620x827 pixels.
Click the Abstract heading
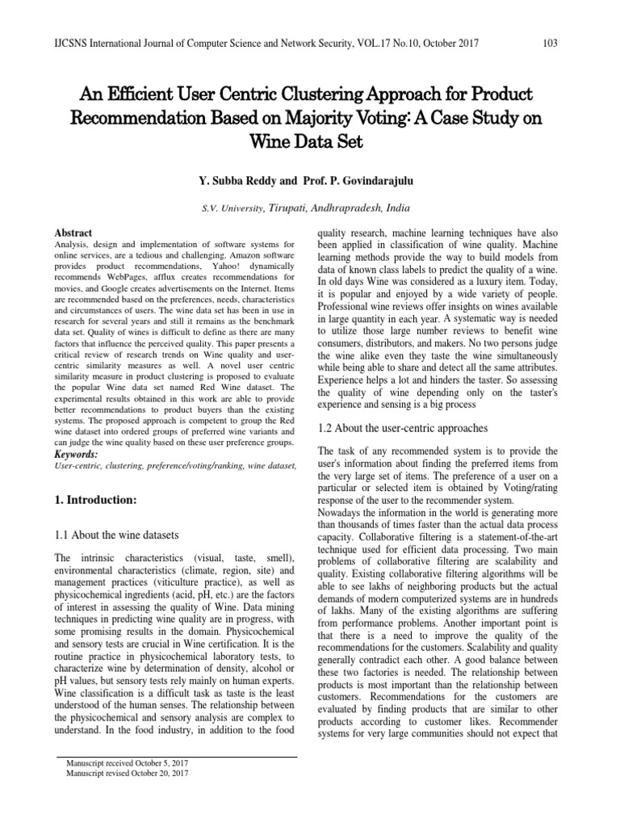coord(73,232)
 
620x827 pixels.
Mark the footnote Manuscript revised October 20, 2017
coord(121,773)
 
